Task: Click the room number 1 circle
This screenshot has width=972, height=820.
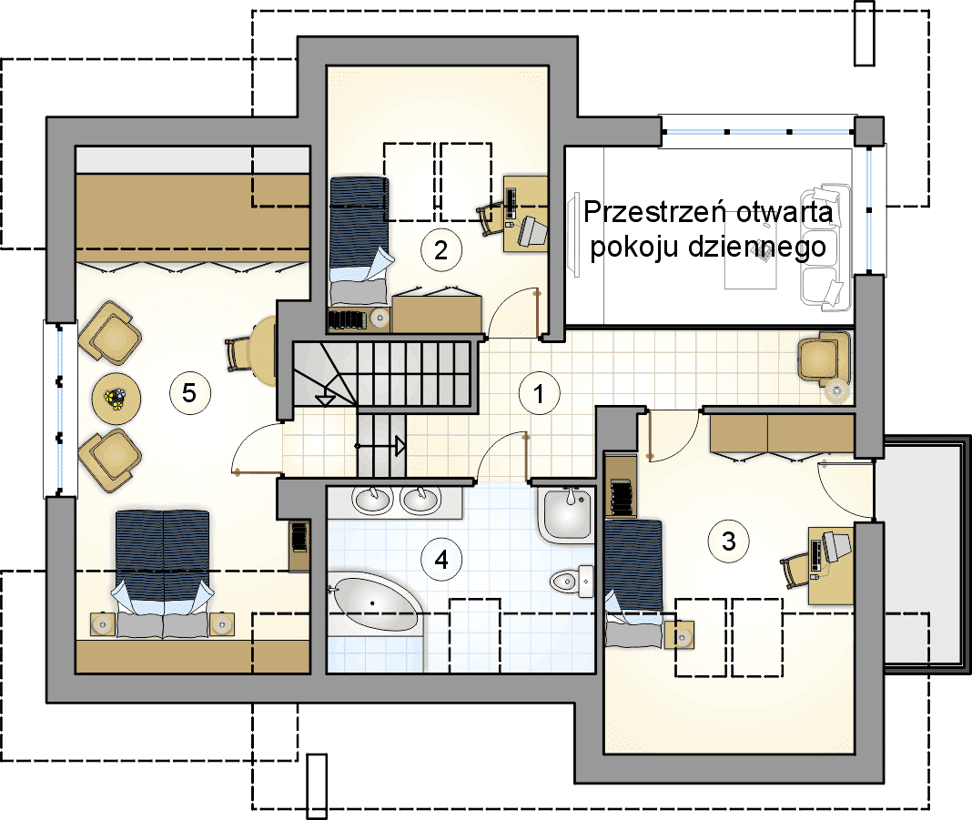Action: [x=540, y=393]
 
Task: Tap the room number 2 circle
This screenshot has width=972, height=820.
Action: [x=440, y=250]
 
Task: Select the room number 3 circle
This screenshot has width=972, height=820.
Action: [x=729, y=542]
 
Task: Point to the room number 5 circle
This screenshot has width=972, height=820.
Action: [x=189, y=392]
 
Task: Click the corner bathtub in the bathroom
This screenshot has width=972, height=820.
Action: [x=374, y=604]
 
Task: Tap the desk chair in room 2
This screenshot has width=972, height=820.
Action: [x=491, y=218]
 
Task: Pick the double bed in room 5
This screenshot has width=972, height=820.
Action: [x=162, y=574]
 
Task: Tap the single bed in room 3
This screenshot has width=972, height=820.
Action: [x=633, y=584]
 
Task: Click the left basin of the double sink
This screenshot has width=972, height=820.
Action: [x=373, y=500]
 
